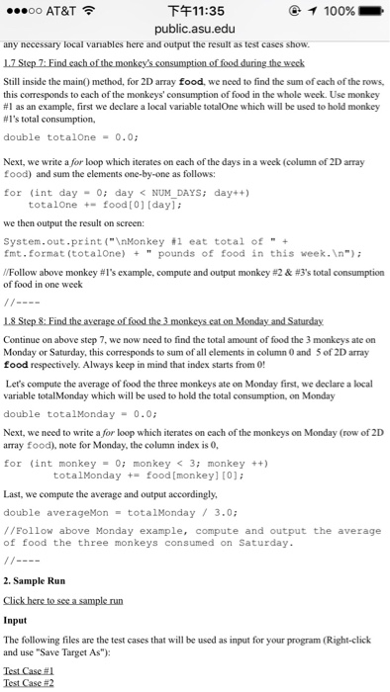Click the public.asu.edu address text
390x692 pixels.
[x=195, y=29]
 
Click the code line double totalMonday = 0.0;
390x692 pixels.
[x=76, y=416]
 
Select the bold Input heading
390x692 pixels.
[x=16, y=621]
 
